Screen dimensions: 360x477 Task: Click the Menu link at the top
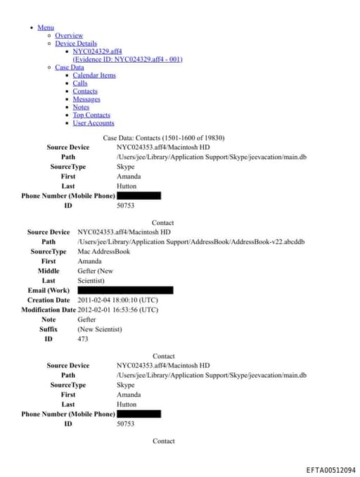tap(46, 27)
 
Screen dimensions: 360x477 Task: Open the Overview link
tap(69, 35)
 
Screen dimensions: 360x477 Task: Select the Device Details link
tap(76, 44)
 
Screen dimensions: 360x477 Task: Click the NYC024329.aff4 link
tap(97, 51)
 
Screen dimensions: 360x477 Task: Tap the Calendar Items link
tap(94, 75)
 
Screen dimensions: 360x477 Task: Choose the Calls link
tap(80, 83)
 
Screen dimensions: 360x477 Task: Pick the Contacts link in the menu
tap(85, 91)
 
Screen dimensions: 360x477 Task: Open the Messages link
tap(86, 99)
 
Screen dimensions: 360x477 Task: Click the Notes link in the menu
tap(81, 107)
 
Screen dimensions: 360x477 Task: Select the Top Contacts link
tap(91, 115)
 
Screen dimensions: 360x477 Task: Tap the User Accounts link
tap(94, 123)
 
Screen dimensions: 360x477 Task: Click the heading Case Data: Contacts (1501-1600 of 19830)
tap(164, 138)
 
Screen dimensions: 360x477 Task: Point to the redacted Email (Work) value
tap(125, 290)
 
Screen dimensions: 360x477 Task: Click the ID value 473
tap(83, 339)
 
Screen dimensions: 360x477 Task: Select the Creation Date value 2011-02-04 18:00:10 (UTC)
tap(117, 300)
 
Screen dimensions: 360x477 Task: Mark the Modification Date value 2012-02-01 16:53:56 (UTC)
tap(117, 310)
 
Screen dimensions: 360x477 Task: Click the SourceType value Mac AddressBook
tap(103, 251)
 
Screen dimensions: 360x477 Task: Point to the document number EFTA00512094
tap(330, 470)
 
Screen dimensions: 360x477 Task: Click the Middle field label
tap(49, 271)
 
